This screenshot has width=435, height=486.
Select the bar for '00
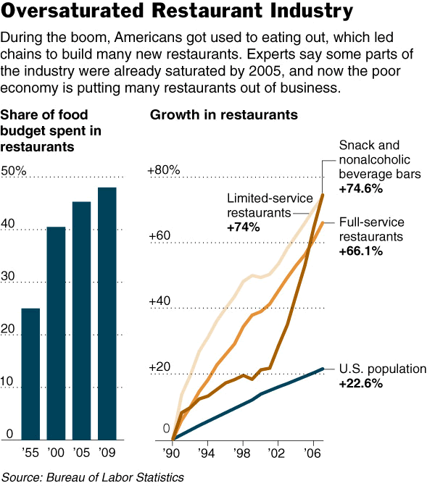[57, 333]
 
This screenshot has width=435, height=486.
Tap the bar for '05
[81, 320]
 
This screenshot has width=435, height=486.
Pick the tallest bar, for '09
[107, 313]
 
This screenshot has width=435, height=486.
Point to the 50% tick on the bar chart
[14, 171]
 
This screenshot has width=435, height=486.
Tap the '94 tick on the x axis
[207, 453]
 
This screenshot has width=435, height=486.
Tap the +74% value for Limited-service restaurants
[244, 227]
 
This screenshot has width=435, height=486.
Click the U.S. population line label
[383, 369]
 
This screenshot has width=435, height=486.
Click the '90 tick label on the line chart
[173, 453]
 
